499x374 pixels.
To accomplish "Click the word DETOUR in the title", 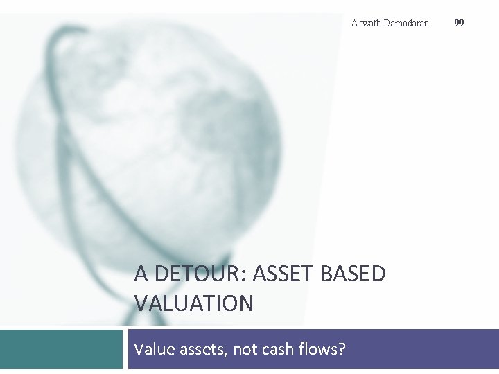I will pos(200,274).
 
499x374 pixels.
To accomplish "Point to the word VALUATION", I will pos(194,303).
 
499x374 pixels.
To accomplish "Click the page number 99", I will pos(459,23).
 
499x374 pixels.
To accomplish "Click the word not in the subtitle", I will pos(245,349).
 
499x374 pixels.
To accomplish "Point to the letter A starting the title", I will pos(141,274).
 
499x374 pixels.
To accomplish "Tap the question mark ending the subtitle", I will pos(341,349).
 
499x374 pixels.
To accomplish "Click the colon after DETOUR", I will pos(245,276).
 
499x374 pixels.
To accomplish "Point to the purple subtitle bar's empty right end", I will pos(430,349).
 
